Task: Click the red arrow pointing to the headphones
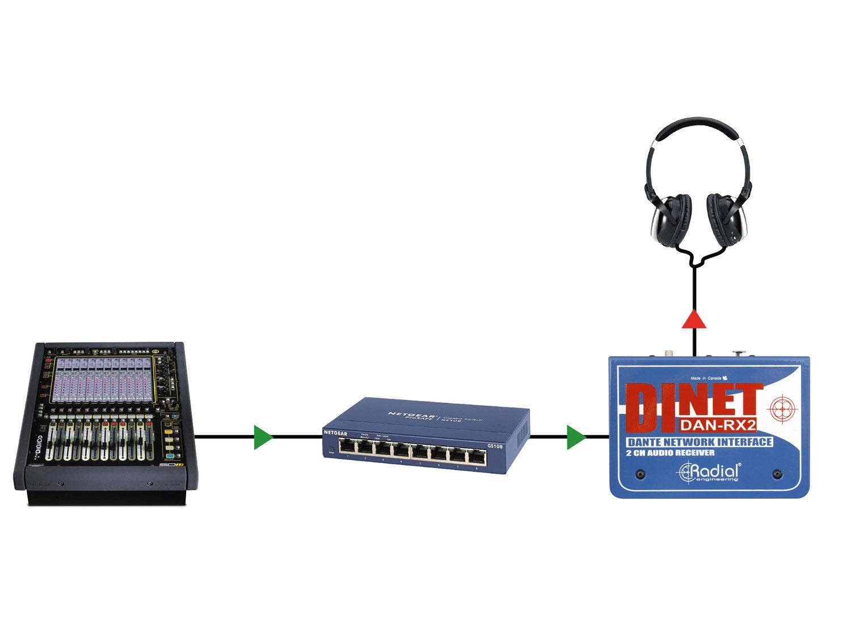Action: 694,320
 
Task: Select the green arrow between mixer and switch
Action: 262,437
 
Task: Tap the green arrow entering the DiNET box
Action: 575,437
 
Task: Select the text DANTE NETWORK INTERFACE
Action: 699,442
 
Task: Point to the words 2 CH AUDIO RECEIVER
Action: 670,453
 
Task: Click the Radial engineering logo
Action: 710,471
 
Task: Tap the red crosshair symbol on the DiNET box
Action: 782,408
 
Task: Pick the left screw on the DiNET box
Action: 641,473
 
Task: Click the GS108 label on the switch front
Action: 495,447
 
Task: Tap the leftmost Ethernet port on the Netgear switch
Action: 347,447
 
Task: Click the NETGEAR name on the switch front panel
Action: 335,433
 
